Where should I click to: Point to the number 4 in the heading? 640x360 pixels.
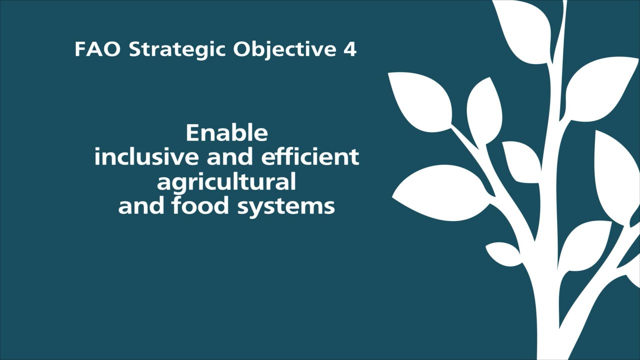tap(349, 49)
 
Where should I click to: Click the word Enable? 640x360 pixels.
tap(226, 133)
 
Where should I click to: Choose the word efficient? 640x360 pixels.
tap(310, 157)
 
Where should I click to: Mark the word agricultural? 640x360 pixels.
tap(226, 182)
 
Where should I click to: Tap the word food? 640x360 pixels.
tap(200, 205)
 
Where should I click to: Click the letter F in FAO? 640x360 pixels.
tap(79, 49)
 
